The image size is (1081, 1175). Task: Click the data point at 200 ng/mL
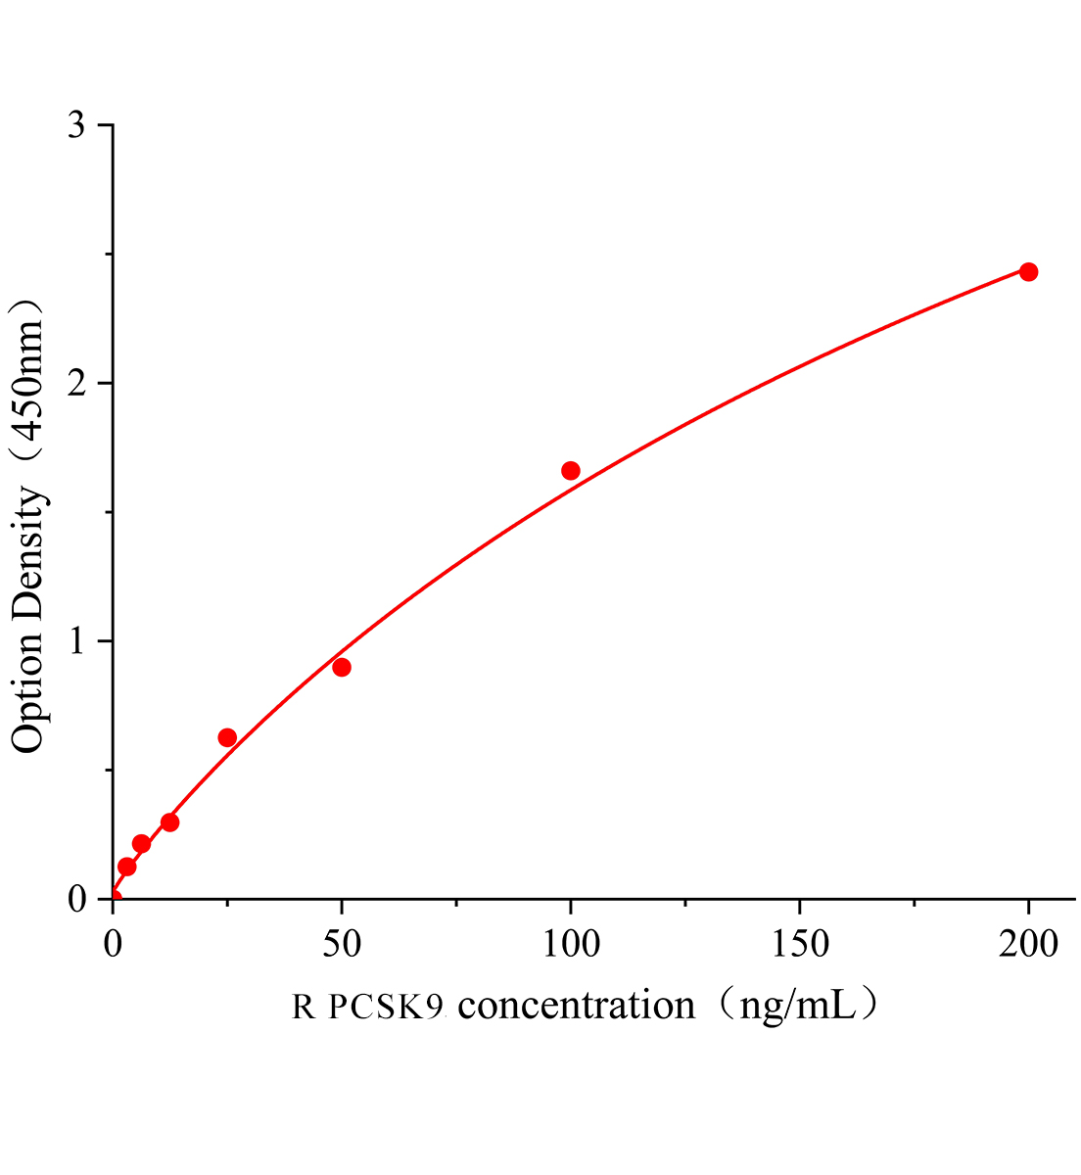[1028, 272]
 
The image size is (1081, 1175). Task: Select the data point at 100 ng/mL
[571, 471]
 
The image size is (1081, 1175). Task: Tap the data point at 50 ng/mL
[342, 668]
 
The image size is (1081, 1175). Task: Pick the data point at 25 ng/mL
[227, 737]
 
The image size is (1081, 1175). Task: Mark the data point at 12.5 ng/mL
[170, 822]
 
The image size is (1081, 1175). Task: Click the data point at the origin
[114, 897]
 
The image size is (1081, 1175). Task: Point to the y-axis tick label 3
[77, 126]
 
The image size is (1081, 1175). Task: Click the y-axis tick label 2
[77, 384]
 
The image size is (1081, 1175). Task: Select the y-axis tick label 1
[77, 642]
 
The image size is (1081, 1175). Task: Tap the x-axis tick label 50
[342, 944]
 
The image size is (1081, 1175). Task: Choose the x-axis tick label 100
[571, 944]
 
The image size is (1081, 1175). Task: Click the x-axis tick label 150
[800, 944]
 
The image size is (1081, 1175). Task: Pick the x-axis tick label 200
[1028, 944]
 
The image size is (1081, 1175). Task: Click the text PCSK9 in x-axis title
[387, 1007]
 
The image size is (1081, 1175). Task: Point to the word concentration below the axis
[577, 1006]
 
